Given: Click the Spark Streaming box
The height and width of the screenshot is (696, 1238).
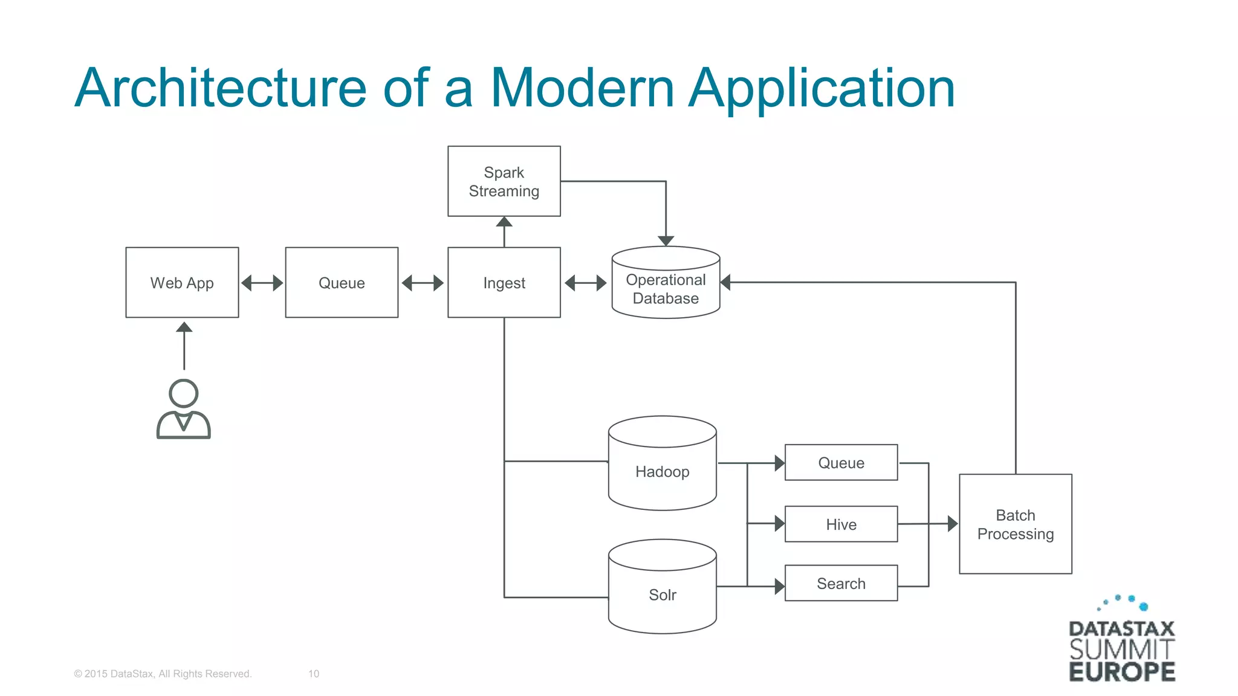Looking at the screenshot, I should coord(504,181).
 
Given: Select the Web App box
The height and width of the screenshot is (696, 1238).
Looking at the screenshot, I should coord(182,282).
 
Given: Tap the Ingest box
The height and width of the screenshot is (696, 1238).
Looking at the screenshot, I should coord(504,282).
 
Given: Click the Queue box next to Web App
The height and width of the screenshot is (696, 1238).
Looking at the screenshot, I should coord(342,282).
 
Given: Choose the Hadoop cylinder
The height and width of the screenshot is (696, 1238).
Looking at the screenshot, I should coord(662,471).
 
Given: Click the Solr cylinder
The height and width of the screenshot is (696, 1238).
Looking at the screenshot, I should coord(662,594).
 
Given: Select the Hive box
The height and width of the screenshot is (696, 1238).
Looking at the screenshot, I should coord(841,524).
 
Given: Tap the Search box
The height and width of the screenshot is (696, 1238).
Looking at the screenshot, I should coord(841,583).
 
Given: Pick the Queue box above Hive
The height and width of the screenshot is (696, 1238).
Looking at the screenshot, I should coord(841,462).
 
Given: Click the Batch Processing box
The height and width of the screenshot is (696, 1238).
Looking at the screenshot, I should coord(1015,524).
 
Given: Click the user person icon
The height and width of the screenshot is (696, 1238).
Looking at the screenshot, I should coord(183,409).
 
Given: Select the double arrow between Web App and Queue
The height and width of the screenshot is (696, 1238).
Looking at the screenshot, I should coord(262,283).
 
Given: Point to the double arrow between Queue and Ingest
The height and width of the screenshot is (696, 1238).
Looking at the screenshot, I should coord(423,283).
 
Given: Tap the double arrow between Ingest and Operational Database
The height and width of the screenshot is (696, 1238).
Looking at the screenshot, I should coord(585,283).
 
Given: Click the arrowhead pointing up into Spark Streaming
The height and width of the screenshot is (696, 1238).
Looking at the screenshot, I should coord(504,222).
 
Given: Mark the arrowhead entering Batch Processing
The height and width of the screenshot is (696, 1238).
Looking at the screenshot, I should coord(952,524).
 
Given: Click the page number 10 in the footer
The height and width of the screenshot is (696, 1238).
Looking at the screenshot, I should coord(314,674).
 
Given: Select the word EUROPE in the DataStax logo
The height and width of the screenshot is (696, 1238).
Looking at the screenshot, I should coord(1122,672).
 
